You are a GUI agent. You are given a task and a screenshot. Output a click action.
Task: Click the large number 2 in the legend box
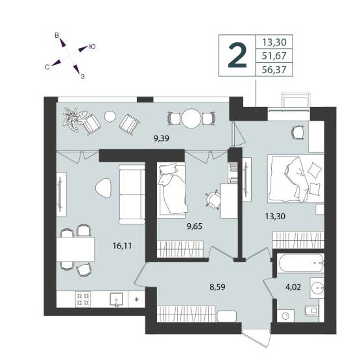point(237,56)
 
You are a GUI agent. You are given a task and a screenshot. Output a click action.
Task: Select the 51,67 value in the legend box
point(274,56)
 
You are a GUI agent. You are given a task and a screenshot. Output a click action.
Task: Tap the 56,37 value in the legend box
point(274,69)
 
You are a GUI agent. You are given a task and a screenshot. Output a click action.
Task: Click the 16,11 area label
point(122,246)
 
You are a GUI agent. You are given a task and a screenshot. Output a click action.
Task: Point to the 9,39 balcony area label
point(162,138)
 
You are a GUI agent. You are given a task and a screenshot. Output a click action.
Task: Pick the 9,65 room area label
point(195,226)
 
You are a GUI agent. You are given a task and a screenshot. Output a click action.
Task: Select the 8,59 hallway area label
point(217,287)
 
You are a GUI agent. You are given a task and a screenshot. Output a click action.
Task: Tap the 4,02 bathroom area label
point(293,287)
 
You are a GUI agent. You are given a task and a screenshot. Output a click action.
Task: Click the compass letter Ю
point(92,47)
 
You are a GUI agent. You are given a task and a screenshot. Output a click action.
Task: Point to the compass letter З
point(82,77)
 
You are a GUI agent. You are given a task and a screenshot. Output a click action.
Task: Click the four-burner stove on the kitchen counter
point(83,300)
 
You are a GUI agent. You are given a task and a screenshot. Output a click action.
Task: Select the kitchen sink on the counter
point(116,300)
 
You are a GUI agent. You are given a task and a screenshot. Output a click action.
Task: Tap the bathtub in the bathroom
point(300,263)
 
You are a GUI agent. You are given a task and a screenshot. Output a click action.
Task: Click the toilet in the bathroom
point(312,311)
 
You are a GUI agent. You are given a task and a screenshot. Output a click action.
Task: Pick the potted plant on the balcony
point(75,119)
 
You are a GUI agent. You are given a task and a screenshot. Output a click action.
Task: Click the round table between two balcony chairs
point(191,119)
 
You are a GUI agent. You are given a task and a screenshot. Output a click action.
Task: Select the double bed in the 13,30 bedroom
point(296,178)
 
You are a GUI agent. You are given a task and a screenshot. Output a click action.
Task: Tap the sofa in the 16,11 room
point(132,194)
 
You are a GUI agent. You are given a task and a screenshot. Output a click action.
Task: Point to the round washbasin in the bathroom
point(318,288)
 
